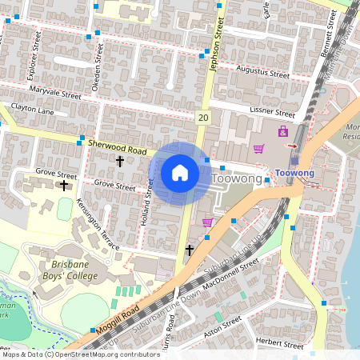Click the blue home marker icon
pos(180,173)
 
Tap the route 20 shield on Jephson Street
pos(203,118)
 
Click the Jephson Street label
pos(214,25)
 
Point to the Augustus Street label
pos(262,72)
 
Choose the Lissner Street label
pos(272,113)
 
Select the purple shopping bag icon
pos(282,131)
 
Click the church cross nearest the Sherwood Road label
pos(120,162)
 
